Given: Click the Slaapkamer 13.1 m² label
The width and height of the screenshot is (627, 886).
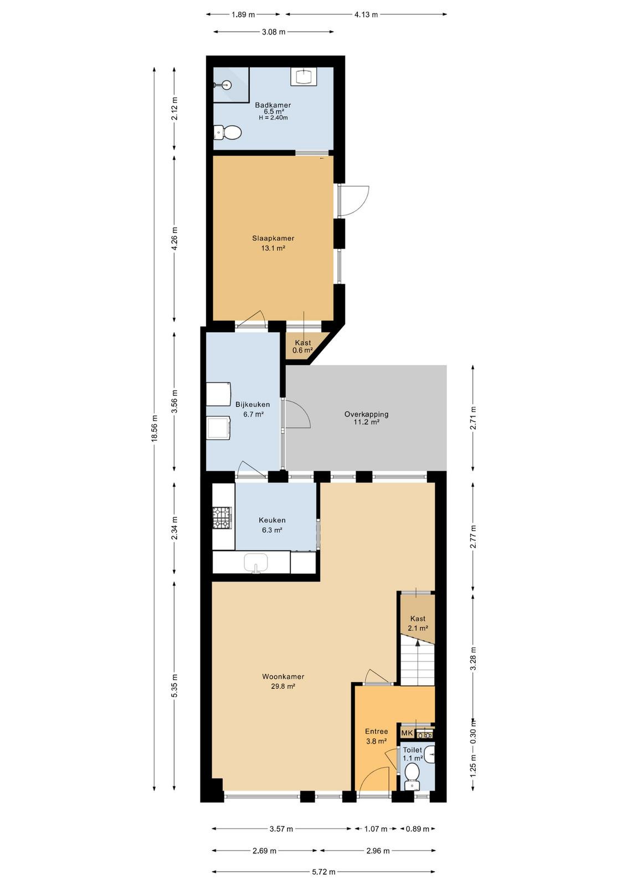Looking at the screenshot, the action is coord(273,243).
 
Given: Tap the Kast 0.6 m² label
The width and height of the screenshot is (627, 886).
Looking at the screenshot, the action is coord(302,346).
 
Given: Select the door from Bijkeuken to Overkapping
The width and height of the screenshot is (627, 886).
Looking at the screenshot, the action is coord(297,414).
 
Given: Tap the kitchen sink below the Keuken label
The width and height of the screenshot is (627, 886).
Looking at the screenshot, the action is coord(255,563).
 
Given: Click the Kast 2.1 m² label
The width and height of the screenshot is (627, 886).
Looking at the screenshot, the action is coord(418,623).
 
